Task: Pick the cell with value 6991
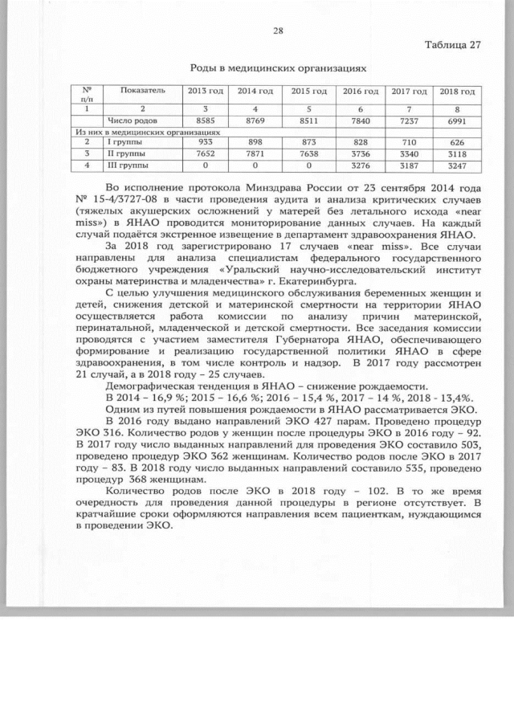(459, 120)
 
